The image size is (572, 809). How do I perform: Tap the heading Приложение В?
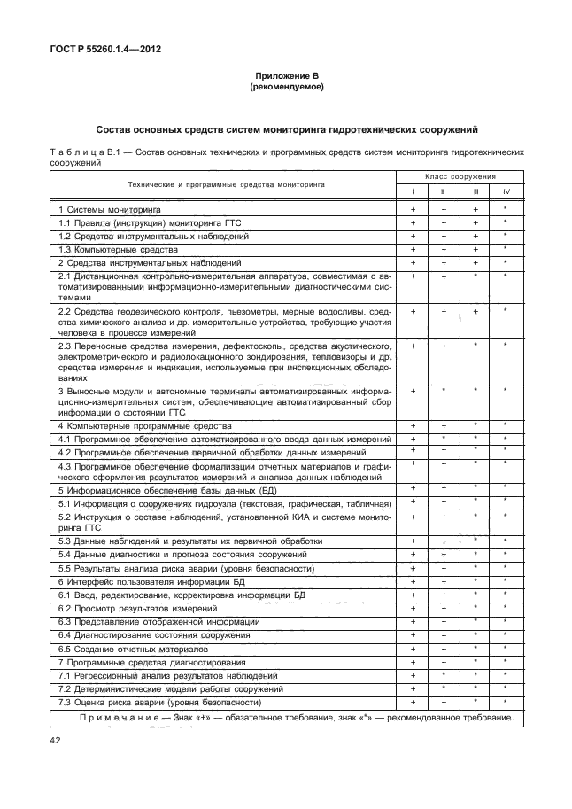tap(285, 78)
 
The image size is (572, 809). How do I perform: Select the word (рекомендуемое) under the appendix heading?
tap(285, 88)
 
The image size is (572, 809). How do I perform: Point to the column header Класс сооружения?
tap(460, 177)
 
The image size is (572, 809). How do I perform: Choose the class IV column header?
tap(506, 191)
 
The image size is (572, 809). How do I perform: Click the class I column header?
tap(413, 191)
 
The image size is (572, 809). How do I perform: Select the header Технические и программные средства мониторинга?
tap(226, 184)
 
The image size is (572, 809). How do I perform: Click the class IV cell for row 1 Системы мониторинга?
tap(506, 209)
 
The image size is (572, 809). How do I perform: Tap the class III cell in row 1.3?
tap(475, 250)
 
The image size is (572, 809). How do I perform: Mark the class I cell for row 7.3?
tap(413, 702)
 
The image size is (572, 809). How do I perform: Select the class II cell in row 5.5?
tap(444, 568)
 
